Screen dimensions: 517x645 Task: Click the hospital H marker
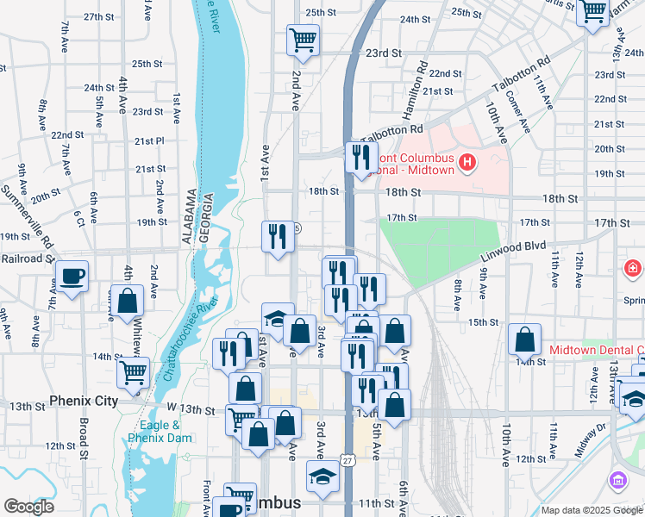point(467,162)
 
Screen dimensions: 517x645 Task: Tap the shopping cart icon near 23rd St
point(303,40)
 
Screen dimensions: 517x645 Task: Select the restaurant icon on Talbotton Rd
point(360,157)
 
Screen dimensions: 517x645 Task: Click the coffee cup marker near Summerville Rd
point(72,277)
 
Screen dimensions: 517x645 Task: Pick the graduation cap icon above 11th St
point(322,477)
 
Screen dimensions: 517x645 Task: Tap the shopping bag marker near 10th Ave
point(524,340)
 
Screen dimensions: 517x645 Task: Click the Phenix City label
point(83,402)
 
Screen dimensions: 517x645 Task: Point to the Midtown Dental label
point(597,350)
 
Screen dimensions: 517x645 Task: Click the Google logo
point(28,507)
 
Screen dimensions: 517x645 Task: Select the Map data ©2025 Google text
point(592,510)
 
